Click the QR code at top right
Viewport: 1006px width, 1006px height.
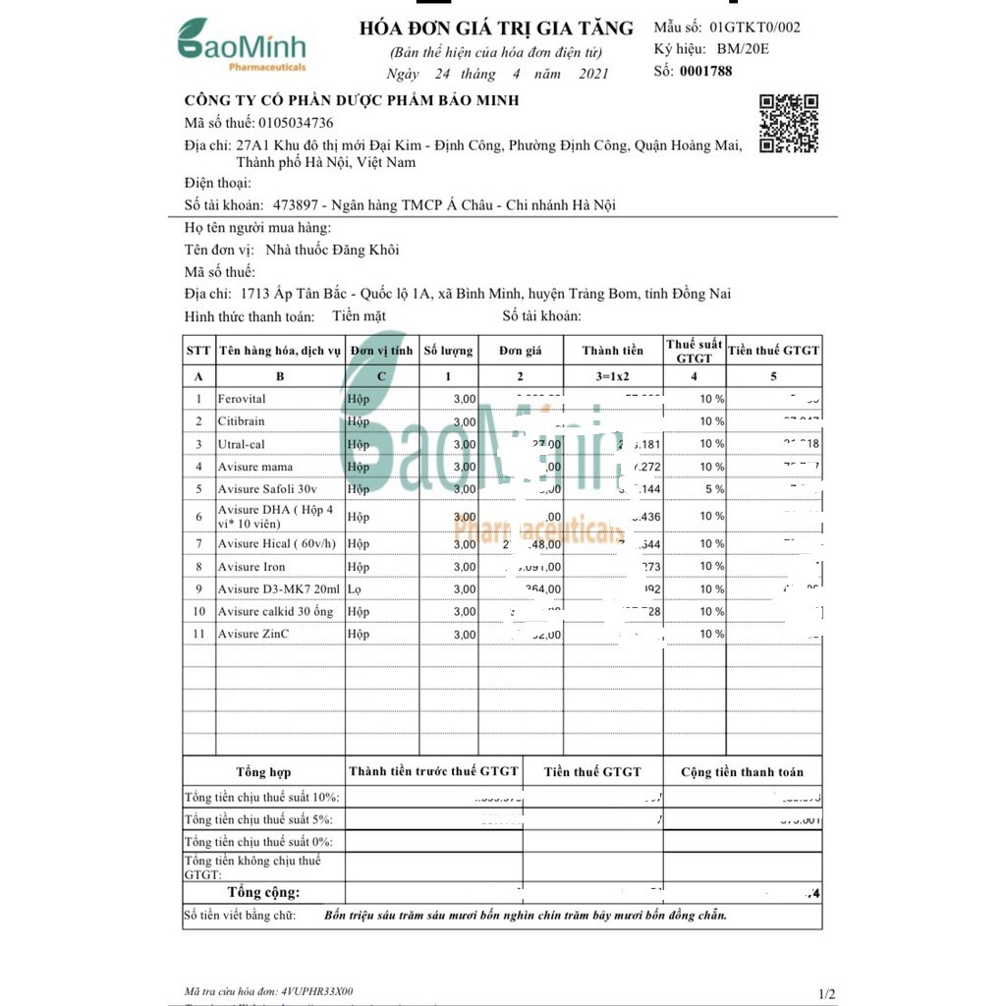(x=789, y=124)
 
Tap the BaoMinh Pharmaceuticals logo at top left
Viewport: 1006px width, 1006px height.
(x=242, y=45)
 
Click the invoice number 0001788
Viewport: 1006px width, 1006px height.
(x=705, y=71)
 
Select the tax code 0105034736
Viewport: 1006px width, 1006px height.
(x=295, y=123)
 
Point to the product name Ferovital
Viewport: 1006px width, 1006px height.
(x=242, y=399)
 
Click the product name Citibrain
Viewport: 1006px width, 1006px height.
(x=242, y=421)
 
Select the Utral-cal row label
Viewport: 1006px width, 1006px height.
(x=242, y=444)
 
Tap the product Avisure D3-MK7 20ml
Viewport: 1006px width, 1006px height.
(x=279, y=589)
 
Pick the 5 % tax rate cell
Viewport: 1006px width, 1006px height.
(x=712, y=489)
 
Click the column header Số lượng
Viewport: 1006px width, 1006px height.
(x=448, y=351)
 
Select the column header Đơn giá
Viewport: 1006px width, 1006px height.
(x=520, y=351)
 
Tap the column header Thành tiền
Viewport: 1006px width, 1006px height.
(x=613, y=351)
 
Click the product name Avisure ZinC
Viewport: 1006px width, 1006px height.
(x=253, y=635)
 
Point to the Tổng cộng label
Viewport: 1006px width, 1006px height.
(x=263, y=893)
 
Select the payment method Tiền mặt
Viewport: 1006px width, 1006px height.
(x=359, y=315)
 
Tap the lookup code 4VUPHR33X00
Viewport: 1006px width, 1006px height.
(x=316, y=992)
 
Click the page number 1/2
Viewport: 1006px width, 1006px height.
(x=825, y=994)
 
